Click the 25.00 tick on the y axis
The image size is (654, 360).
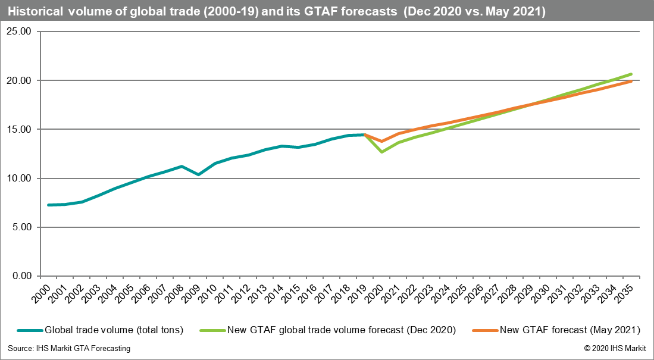(x=20, y=32)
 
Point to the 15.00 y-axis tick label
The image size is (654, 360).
(x=20, y=129)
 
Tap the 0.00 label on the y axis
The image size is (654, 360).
(x=21, y=276)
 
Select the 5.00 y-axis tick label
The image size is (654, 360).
(x=21, y=227)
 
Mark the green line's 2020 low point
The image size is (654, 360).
(x=381, y=152)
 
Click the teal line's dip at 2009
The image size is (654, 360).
(x=198, y=174)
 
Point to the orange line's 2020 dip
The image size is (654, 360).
(x=381, y=142)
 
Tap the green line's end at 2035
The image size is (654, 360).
(x=631, y=74)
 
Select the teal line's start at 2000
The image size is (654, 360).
(x=48, y=205)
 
